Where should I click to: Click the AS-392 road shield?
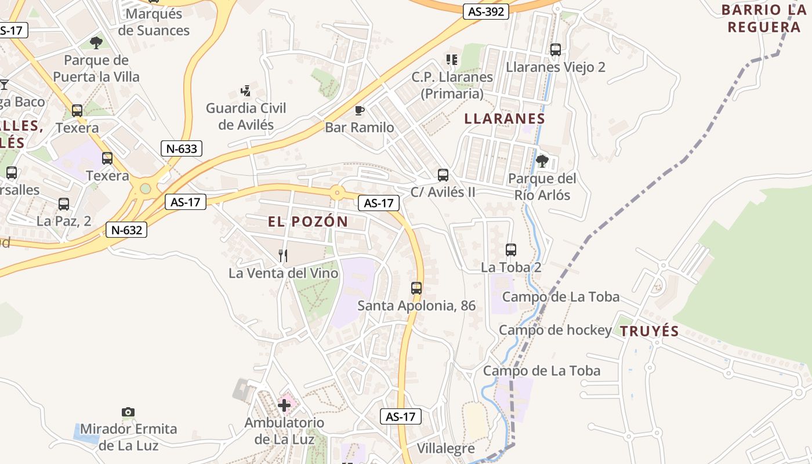point(486,11)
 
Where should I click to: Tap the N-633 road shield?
point(182,148)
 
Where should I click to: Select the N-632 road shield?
point(126,230)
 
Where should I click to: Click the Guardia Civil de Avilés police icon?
point(246,91)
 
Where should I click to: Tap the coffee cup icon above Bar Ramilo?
point(359,110)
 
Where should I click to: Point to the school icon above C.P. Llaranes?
point(452,60)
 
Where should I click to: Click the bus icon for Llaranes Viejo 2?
point(555,50)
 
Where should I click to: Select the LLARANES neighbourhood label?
point(505,119)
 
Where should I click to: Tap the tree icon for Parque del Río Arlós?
point(542,161)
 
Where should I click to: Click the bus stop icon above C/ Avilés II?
point(443,175)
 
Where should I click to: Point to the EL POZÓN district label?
point(307,221)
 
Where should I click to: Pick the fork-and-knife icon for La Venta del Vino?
point(283,255)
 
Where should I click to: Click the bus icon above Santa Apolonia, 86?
point(416,288)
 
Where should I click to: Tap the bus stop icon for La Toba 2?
point(510,250)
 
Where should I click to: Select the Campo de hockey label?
point(555,330)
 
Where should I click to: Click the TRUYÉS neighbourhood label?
point(649,331)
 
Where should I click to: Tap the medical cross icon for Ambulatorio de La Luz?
point(284,405)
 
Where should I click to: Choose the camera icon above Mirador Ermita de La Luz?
point(128,412)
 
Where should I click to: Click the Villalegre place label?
point(445,448)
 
